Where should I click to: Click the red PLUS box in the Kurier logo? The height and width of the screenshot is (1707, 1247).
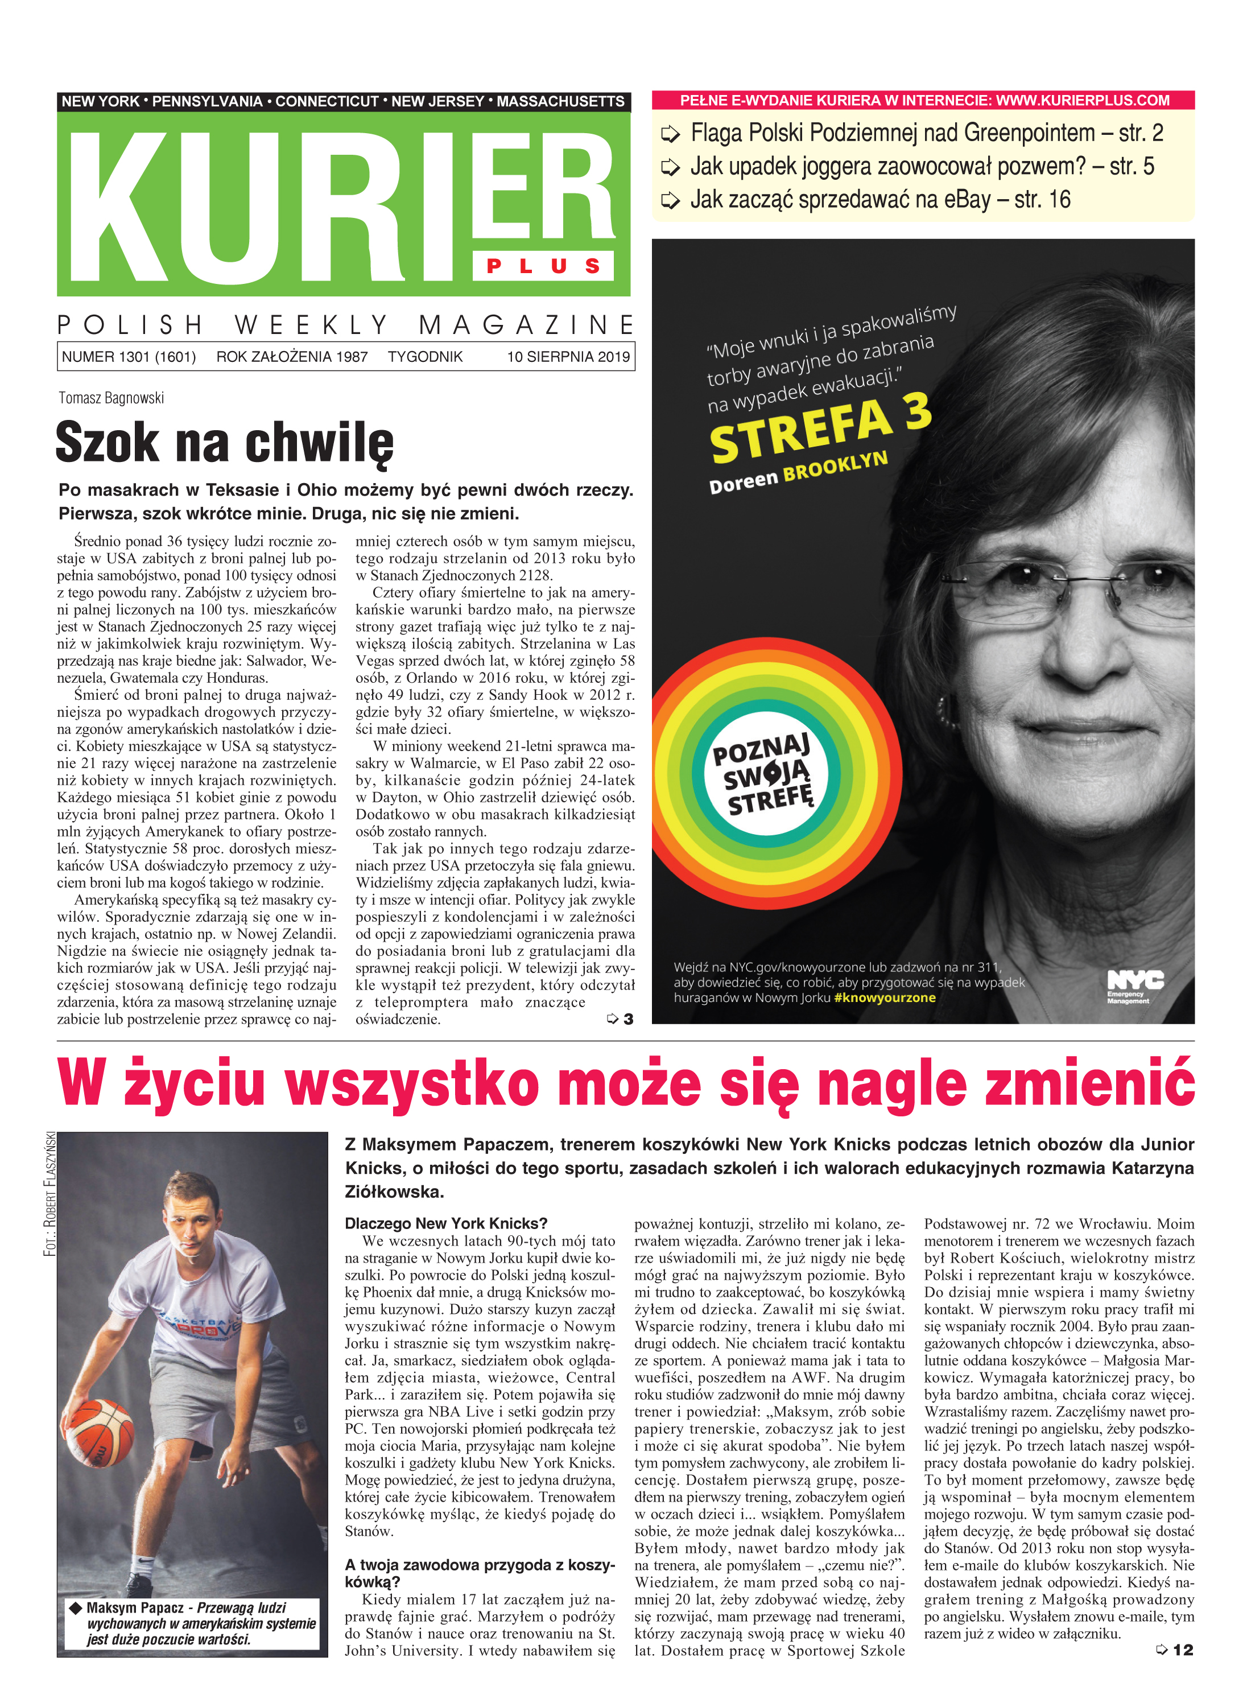(543, 266)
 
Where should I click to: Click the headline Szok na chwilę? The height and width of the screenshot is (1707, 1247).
(224, 443)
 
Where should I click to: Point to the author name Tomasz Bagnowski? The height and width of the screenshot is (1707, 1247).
(111, 398)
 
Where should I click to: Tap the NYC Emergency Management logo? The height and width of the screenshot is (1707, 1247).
(1134, 986)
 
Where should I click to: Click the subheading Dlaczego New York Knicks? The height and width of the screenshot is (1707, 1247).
(445, 1223)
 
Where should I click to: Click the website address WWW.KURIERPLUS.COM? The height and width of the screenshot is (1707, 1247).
(1083, 100)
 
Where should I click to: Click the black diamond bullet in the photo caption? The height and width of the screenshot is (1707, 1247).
(76, 1607)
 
